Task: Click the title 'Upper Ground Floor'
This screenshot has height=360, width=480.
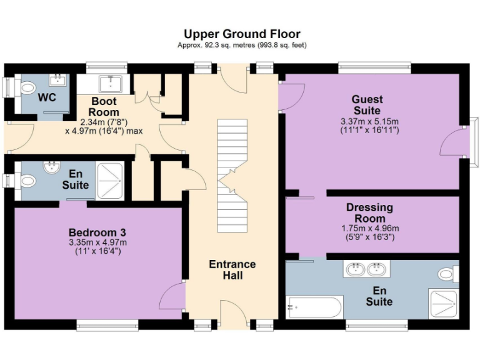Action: click(242, 34)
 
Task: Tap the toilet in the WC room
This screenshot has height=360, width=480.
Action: click(26, 88)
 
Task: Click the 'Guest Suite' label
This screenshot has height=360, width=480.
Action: click(367, 105)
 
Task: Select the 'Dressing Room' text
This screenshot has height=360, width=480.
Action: click(369, 212)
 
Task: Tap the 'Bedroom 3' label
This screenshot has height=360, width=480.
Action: click(98, 232)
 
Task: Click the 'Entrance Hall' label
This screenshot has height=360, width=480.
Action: click(232, 269)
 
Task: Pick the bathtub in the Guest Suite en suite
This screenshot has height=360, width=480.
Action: click(314, 307)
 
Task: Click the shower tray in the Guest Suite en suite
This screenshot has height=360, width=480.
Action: click(444, 304)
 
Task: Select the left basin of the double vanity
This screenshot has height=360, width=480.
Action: click(354, 270)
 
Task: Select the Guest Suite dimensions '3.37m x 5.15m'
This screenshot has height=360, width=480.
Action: click(369, 121)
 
